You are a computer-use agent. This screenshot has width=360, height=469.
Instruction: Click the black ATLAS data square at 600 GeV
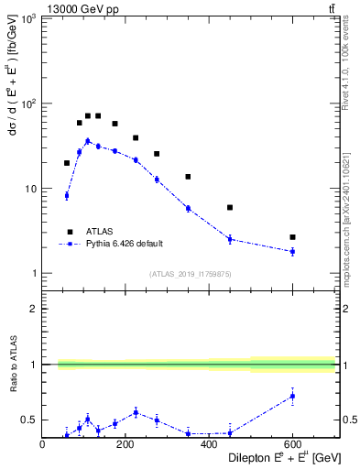point(292,237)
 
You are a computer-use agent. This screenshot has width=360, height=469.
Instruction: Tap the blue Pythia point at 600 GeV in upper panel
point(292,251)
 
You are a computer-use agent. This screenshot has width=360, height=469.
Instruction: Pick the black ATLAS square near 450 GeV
point(230,208)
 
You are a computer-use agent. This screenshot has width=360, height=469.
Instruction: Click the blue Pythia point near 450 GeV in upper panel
point(230,239)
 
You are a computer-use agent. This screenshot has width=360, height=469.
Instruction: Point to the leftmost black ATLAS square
point(67,163)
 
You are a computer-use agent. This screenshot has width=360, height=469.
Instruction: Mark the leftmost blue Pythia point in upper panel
point(67,195)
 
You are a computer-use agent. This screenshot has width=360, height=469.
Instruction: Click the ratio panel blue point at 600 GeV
point(292,396)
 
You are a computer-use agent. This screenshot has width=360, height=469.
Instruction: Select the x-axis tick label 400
point(209,444)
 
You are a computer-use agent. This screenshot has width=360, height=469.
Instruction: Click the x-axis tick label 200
point(125,444)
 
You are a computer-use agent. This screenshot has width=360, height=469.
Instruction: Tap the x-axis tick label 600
point(292,444)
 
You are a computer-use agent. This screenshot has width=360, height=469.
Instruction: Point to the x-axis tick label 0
point(42,444)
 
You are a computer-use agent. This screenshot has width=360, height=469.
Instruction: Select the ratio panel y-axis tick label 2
point(34,309)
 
